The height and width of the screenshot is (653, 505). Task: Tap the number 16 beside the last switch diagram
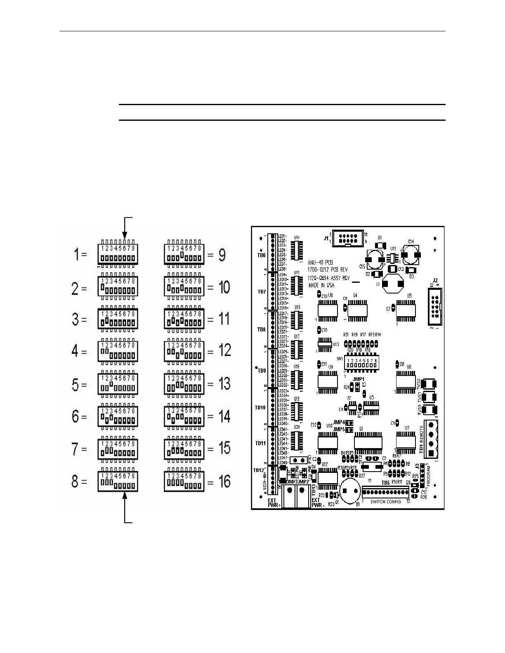(224, 482)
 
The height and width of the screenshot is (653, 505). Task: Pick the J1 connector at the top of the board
(348, 238)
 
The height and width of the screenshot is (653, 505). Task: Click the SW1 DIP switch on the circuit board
(361, 364)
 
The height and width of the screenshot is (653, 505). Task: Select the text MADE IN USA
(321, 285)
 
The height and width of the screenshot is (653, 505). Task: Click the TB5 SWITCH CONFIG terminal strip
(385, 492)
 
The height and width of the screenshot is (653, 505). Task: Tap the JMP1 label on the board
(359, 378)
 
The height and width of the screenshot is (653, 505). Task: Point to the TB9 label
(262, 371)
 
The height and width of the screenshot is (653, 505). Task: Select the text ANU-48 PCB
(320, 262)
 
